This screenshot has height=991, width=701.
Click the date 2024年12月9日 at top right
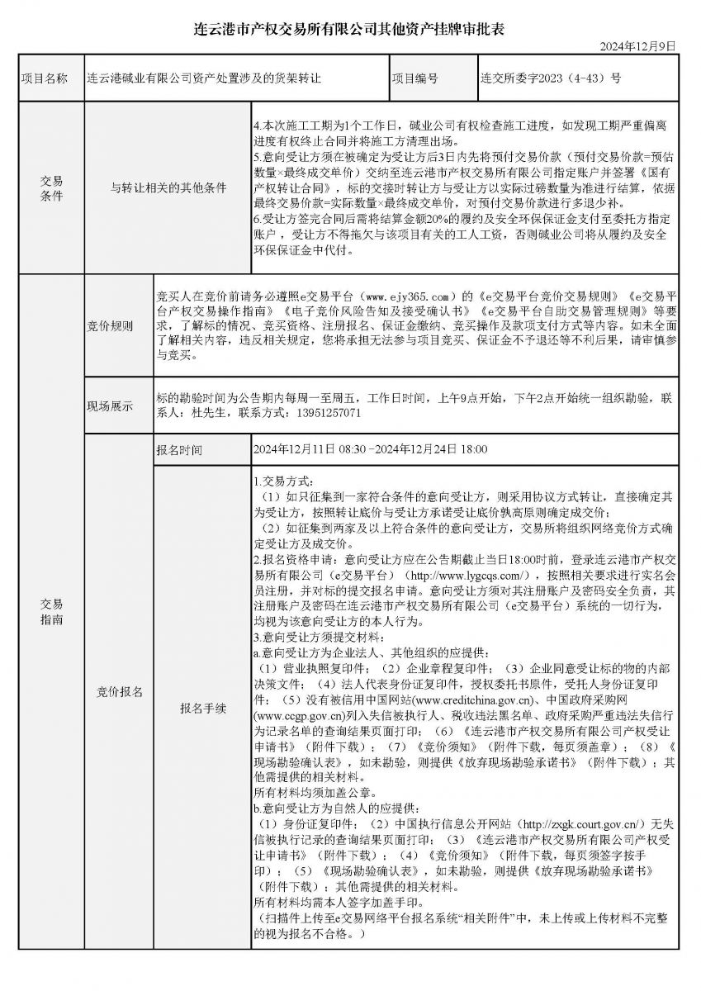639,45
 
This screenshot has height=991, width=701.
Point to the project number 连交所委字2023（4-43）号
550,79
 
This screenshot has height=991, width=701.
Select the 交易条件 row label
50,188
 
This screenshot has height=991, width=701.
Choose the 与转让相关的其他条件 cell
168,188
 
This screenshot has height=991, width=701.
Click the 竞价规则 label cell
110,327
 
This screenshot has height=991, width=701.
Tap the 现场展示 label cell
110,406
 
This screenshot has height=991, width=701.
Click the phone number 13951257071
328,412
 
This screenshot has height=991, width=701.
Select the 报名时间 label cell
178,450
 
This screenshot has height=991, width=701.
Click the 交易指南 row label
50,611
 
